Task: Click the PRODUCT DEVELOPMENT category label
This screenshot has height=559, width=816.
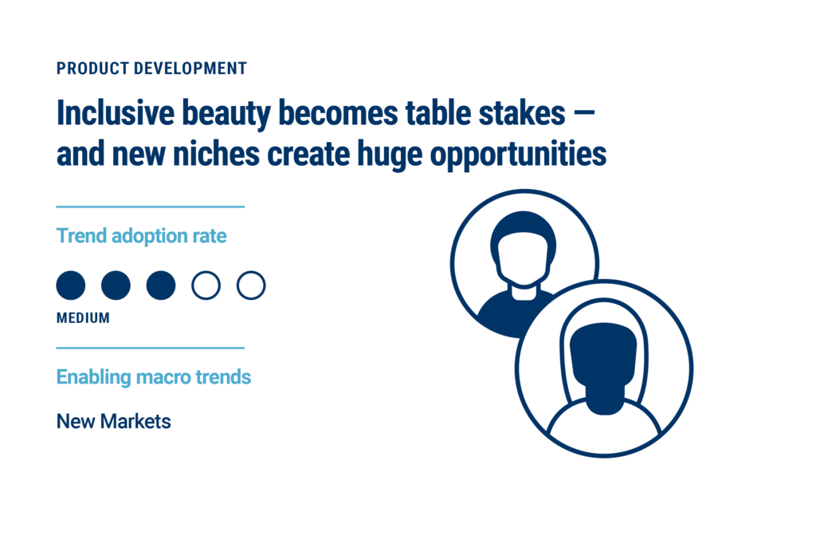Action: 151,69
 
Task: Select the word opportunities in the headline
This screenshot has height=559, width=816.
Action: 518,155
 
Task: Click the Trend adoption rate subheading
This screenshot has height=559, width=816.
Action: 142,235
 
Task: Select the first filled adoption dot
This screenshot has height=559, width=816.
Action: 71,285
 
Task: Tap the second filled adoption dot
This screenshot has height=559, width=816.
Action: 116,285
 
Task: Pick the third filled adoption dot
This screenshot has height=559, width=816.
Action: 161,285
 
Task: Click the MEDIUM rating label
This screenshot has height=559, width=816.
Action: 83,318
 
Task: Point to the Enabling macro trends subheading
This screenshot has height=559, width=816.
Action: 154,377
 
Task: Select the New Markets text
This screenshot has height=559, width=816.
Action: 113,422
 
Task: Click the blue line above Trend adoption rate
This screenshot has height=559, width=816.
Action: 151,207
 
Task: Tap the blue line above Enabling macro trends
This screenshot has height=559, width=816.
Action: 151,348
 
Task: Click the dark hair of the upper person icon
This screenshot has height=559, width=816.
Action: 523,222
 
